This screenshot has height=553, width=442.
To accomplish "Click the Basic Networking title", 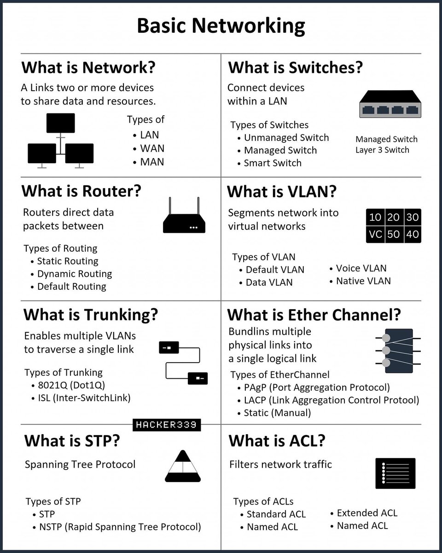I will click(x=221, y=26).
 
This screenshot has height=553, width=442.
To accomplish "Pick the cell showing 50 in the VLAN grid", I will click(x=393, y=234).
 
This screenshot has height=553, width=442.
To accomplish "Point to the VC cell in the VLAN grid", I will click(x=375, y=234).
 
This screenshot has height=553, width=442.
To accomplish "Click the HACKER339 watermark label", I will click(x=167, y=425).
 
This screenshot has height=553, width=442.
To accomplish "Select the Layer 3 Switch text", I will click(x=382, y=150).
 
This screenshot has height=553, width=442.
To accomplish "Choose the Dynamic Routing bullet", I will click(x=74, y=274).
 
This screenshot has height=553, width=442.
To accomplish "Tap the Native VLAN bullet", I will click(x=363, y=281).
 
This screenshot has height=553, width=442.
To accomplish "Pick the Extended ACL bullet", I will click(x=366, y=513).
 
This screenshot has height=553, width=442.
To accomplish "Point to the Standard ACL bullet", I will click(x=276, y=514).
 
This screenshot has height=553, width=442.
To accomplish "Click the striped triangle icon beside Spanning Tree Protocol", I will click(x=183, y=466).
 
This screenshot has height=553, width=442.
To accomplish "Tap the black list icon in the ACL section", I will click(x=395, y=473).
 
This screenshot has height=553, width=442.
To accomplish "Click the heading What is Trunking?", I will click(x=91, y=314).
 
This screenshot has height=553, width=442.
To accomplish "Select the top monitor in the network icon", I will click(x=60, y=123).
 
